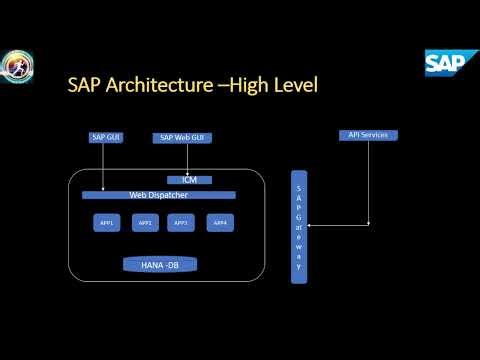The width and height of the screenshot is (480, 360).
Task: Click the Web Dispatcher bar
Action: (159, 195)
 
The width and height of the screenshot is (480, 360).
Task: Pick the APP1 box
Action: (107, 222)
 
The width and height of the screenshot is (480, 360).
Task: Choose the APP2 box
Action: (144, 222)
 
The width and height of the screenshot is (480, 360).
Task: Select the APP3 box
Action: (181, 222)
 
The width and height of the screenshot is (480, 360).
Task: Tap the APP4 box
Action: (220, 222)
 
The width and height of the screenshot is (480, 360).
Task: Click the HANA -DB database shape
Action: (159, 265)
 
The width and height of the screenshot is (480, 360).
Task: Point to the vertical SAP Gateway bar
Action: (297, 227)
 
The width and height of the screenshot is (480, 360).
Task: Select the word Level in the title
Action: (294, 85)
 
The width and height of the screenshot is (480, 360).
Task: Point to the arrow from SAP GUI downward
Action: (103, 165)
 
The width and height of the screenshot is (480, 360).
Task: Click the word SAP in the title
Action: (82, 85)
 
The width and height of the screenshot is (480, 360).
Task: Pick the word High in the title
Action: (248, 86)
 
